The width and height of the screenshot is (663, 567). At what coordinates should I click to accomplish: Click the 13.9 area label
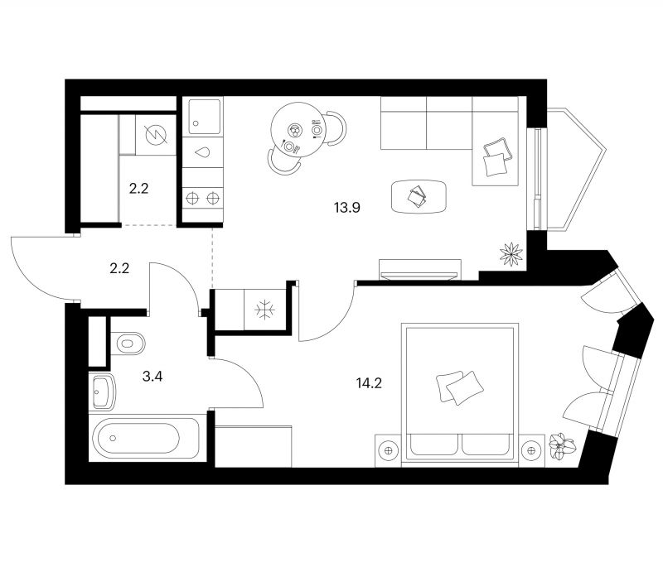[x=346, y=208]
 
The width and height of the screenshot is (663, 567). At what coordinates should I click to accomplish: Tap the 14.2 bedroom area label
[x=369, y=383]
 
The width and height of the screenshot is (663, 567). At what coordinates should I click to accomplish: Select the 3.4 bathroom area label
[x=152, y=376]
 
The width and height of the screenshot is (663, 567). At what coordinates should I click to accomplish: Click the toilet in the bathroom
[x=128, y=344]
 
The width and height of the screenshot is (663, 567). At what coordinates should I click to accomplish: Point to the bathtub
[x=146, y=438]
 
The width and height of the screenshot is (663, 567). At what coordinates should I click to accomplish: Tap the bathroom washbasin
[x=102, y=392]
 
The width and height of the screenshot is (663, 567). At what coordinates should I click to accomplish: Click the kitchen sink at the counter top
[x=205, y=117]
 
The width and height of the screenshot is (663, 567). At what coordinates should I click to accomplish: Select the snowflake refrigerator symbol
[x=264, y=310]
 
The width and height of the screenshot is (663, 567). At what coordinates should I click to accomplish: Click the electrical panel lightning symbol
[x=155, y=135]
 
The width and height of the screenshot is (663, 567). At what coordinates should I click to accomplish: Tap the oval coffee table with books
[x=419, y=196]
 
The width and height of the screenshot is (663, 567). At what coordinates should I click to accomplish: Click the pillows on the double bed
[x=460, y=387]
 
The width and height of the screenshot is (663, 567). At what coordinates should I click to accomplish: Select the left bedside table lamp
[x=388, y=451]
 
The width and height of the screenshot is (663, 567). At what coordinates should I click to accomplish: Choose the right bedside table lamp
[x=531, y=451]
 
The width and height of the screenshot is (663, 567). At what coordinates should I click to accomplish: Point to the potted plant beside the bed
[x=561, y=446]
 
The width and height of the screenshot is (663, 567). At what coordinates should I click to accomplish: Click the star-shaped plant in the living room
[x=511, y=254]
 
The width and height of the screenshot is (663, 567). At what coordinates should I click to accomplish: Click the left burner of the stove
[x=192, y=198]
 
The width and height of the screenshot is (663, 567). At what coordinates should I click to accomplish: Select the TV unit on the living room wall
[x=420, y=269]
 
